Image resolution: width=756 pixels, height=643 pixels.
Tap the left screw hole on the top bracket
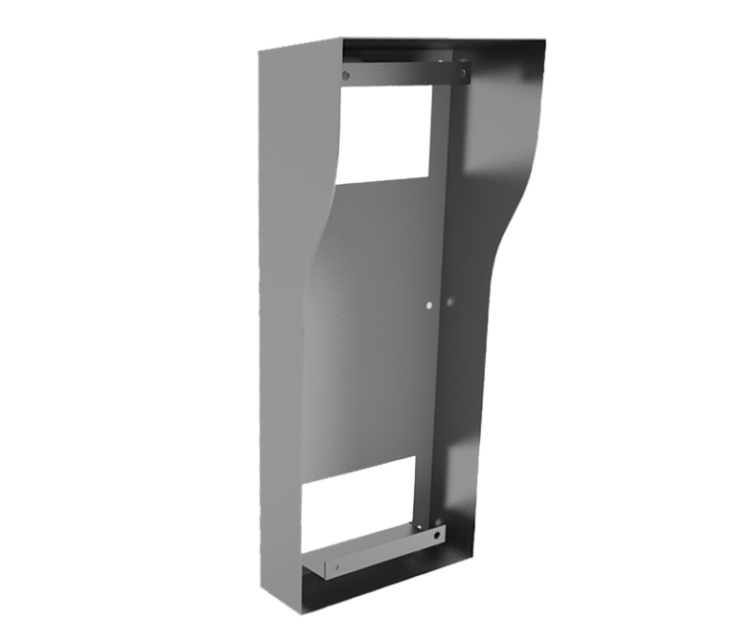(345, 75)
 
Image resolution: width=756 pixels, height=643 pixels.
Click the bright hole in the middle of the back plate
(429, 305)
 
